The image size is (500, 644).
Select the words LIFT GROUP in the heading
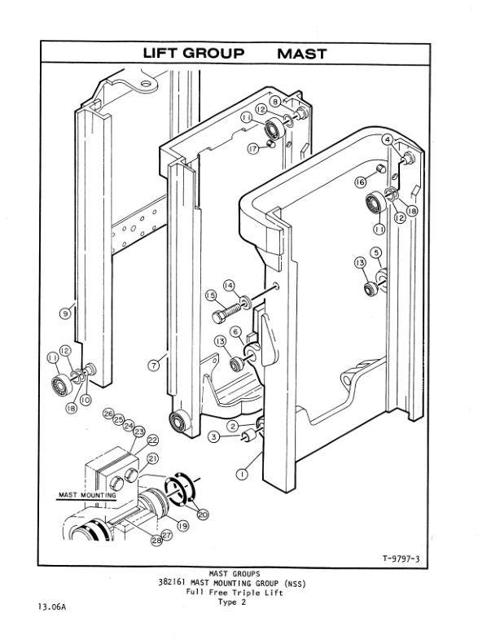(193, 54)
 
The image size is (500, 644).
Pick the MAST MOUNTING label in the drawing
(87, 494)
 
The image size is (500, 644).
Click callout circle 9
(64, 313)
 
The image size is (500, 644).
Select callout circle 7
(153, 364)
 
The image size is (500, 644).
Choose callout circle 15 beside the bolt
(210, 296)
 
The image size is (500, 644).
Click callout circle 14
(230, 285)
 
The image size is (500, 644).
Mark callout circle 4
(388, 140)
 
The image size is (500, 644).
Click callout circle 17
(253, 148)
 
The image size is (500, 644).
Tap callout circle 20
(203, 514)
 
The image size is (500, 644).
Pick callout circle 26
(107, 414)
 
